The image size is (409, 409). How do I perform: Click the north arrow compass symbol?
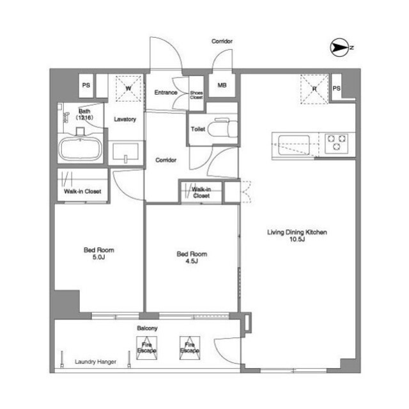[x=339, y=48]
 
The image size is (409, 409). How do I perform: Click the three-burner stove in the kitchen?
[x=337, y=143]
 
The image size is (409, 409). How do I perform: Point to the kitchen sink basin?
[x=294, y=145]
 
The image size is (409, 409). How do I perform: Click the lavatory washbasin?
[x=125, y=152]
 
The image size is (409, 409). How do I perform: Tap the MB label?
[x=222, y=85]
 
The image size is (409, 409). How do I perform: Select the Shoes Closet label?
[x=196, y=95]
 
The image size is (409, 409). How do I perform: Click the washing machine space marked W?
[x=128, y=88]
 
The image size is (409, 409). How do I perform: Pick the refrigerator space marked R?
[x=314, y=89]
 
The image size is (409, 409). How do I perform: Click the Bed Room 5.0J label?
[x=99, y=253]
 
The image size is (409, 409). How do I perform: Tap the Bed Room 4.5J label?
[x=192, y=257]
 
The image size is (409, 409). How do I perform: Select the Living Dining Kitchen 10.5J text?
[x=297, y=236]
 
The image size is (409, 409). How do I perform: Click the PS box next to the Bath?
[x=86, y=85]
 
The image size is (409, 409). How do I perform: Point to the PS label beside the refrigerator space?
[x=336, y=88]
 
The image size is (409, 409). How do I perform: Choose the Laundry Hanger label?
[x=95, y=362]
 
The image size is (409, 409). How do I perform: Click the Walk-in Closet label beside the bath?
[x=82, y=191]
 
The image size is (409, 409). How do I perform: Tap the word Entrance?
[x=166, y=92]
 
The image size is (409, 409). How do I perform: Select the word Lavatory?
[x=125, y=119]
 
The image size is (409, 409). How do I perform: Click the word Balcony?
[x=147, y=328]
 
